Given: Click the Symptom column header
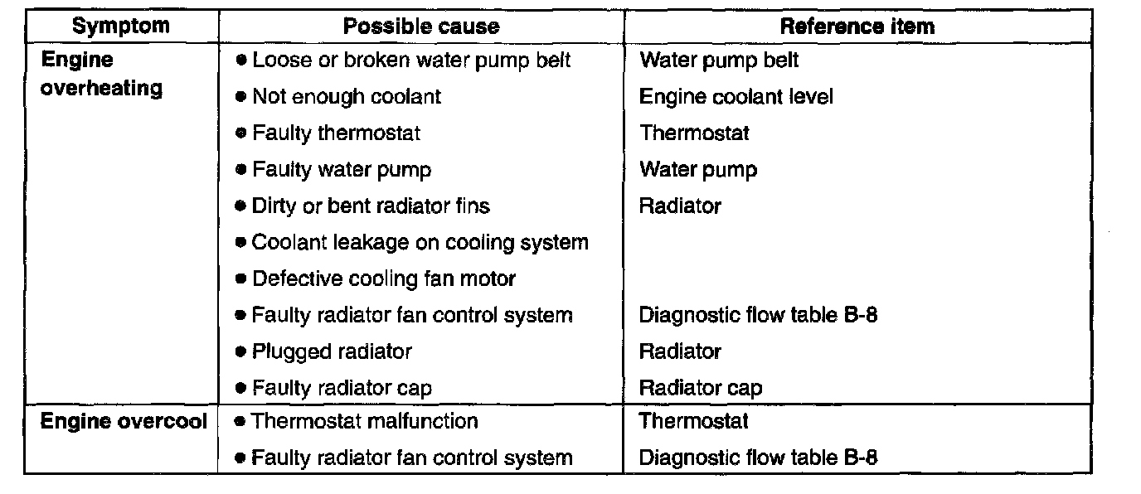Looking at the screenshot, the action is [122, 27].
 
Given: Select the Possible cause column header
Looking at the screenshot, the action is [421, 27].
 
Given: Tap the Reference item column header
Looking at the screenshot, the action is [857, 27].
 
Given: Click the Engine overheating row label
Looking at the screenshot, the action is [101, 75].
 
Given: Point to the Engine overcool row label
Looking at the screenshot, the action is [124, 421].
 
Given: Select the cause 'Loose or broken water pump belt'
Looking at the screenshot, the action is [411, 61].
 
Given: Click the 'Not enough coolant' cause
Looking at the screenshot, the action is [347, 97].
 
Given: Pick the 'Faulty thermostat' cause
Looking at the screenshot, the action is [336, 133].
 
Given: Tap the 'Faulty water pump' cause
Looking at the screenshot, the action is [342, 170].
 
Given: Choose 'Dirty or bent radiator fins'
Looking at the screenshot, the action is [371, 206].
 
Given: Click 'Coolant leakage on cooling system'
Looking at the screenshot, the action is [420, 243].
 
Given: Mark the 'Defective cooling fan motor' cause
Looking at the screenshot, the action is [384, 279].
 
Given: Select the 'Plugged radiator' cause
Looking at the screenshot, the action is [332, 351].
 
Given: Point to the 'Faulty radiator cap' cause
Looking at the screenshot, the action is [342, 388].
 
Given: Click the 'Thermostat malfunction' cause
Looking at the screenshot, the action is [365, 421].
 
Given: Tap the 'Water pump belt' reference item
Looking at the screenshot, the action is [719, 61].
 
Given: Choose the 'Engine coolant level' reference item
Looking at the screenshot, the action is [736, 97].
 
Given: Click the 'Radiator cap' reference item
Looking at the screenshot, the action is [700, 388].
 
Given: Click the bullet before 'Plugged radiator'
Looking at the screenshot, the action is [240, 351].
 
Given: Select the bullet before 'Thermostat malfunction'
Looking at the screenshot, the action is [240, 422].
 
